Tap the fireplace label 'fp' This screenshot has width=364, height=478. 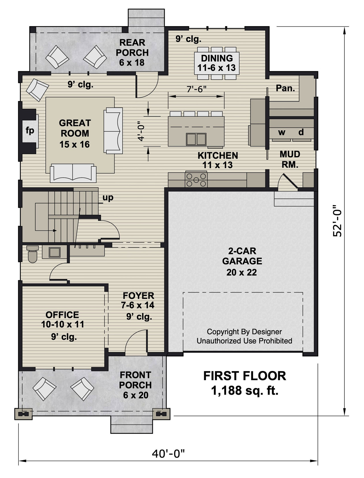pyautogui.click(x=30, y=131)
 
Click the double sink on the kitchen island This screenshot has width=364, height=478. pyautogui.click(x=196, y=139)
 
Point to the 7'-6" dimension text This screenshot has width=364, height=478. pyautogui.click(x=196, y=89)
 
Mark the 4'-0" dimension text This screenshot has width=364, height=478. pyautogui.click(x=141, y=133)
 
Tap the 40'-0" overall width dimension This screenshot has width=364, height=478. pyautogui.click(x=168, y=454)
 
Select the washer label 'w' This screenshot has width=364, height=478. pyautogui.click(x=282, y=132)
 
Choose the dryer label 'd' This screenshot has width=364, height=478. pyautogui.click(x=301, y=132)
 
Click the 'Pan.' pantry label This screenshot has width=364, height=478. pyautogui.click(x=285, y=88)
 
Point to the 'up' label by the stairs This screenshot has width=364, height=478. pyautogui.click(x=108, y=197)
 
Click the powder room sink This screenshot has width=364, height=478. pyautogui.click(x=54, y=252)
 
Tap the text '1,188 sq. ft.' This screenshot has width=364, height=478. pyautogui.click(x=245, y=391)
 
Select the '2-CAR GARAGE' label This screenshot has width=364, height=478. pyautogui.click(x=242, y=256)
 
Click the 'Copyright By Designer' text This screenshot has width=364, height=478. pyautogui.click(x=244, y=332)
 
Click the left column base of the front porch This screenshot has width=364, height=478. pyautogui.click(x=23, y=414)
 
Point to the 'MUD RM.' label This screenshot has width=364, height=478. pyautogui.click(x=290, y=159)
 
